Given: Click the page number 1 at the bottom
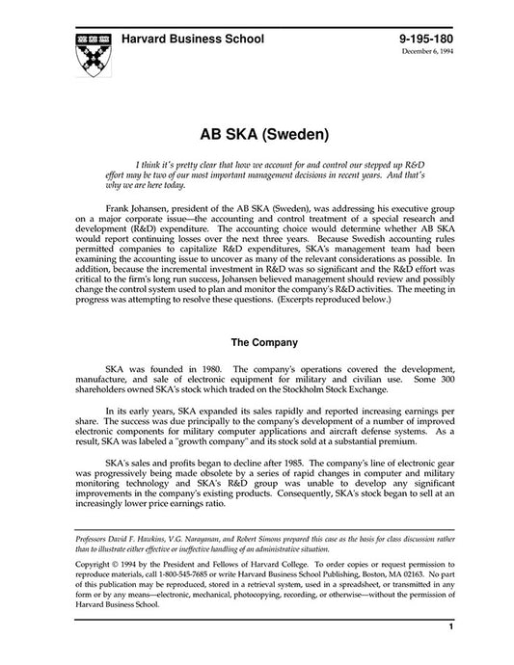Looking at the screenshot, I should (x=450, y=652).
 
